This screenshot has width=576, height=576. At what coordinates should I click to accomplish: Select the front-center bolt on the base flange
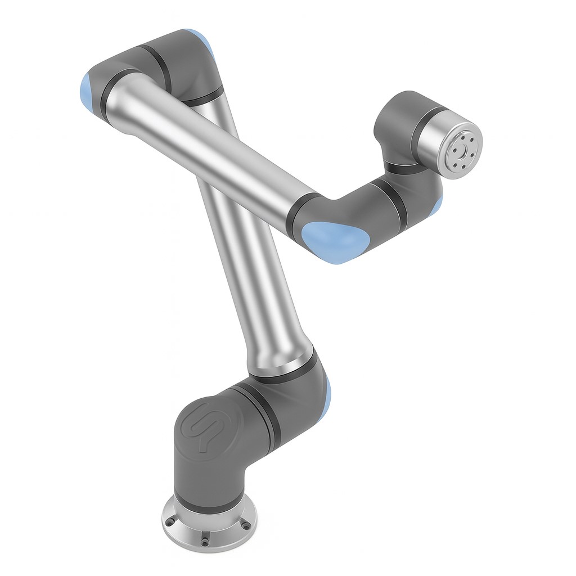pos(204,541)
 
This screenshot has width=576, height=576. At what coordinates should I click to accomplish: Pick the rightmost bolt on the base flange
pos(246,525)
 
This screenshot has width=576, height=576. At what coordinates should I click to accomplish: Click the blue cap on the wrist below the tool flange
pos(438,202)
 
